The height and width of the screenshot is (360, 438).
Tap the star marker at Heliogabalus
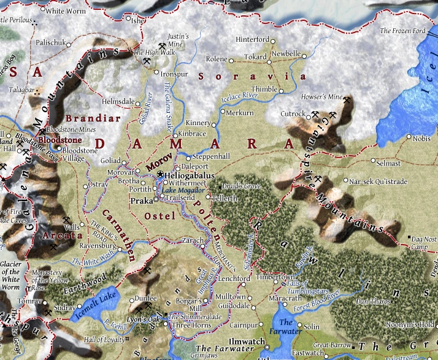coord(160,175)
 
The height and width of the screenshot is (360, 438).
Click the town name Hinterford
coord(252,40)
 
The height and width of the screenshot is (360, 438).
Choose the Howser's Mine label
coord(321,98)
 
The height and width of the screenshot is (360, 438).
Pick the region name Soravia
coord(254,77)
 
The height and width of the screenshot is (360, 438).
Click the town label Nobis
coord(422,139)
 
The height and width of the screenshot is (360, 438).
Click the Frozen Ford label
coord(402,30)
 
